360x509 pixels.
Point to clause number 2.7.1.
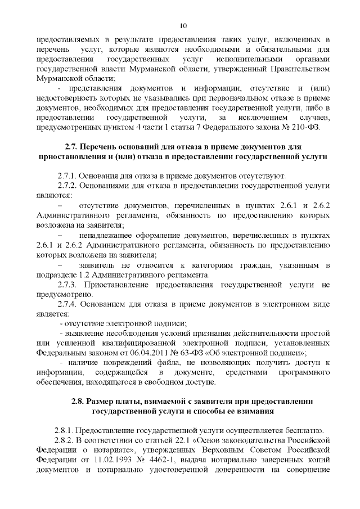point(69,175)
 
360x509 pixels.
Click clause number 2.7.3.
point(69,285)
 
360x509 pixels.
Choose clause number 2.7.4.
point(69,304)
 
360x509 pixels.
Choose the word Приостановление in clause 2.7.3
point(121,285)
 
